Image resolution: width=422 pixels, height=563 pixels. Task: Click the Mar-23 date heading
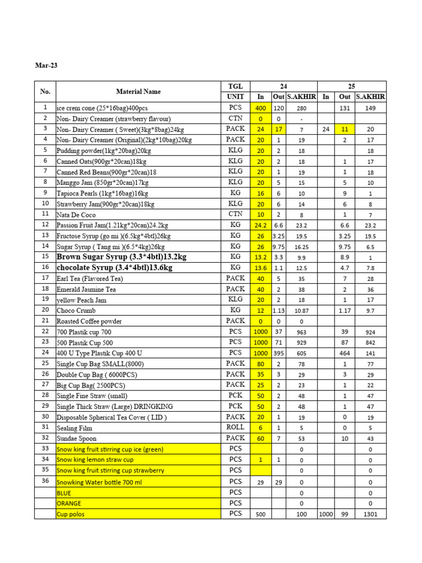point(46,65)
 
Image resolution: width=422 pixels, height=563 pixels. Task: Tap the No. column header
point(45,91)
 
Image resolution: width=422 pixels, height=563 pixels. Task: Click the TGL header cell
point(235,86)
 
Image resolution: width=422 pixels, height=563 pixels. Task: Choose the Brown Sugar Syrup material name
point(121,257)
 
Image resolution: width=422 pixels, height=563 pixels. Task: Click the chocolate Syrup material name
point(114,268)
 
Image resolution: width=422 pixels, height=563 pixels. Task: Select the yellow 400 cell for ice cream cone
point(260,108)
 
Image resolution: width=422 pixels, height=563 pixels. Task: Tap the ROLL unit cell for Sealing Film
point(235,427)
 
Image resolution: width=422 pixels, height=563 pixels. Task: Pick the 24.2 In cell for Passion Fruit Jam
point(260,225)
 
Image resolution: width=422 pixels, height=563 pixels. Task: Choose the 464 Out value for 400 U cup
point(345,352)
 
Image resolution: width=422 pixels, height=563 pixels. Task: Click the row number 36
point(45,481)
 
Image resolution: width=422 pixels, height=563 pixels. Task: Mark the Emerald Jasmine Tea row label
point(86,289)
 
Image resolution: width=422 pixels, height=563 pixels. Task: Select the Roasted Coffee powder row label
point(89,321)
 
